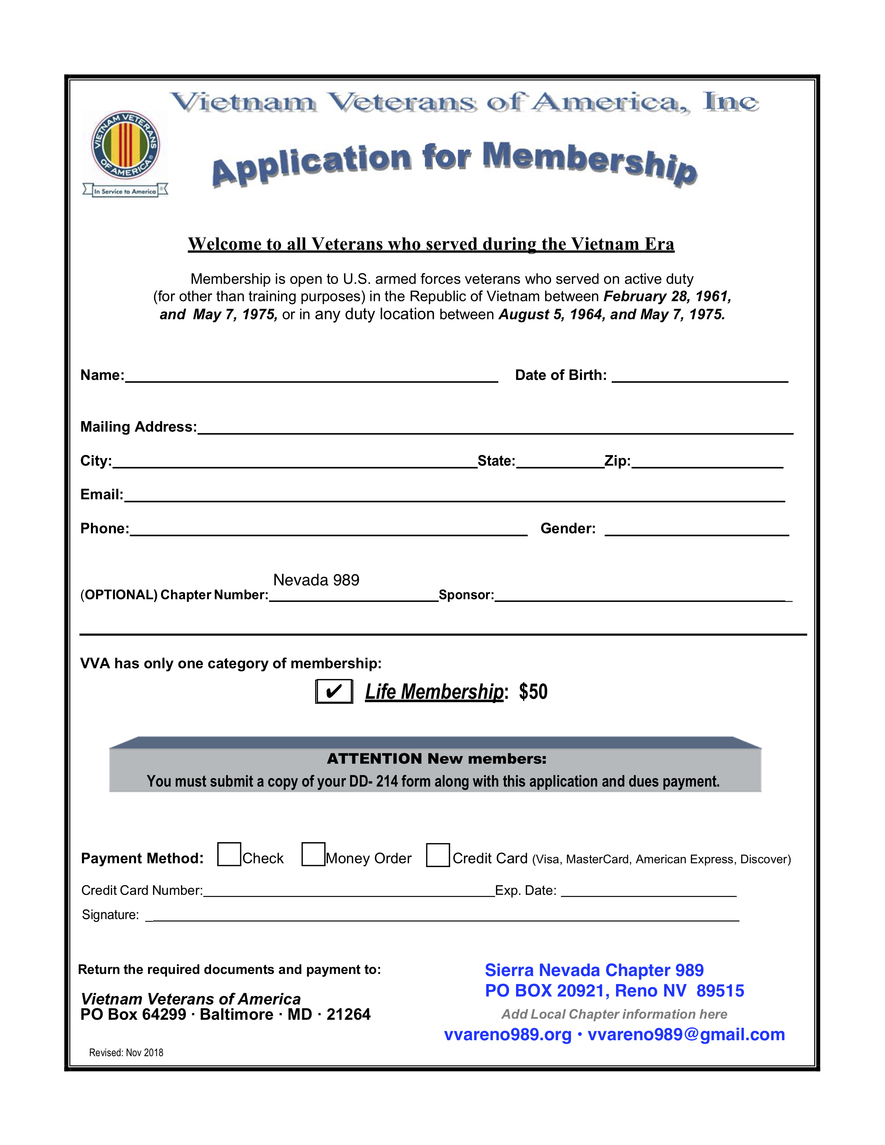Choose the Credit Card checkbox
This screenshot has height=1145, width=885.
(x=438, y=855)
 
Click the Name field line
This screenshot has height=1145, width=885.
(x=311, y=376)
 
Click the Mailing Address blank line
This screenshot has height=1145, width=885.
(x=495, y=428)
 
